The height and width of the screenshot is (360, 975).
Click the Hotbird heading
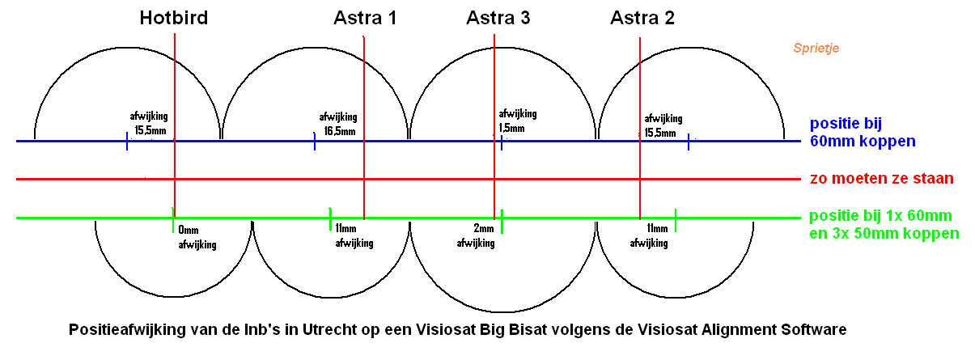tap(174, 18)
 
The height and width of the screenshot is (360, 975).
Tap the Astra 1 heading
tap(365, 18)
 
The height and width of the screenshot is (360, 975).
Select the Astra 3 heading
tap(498, 18)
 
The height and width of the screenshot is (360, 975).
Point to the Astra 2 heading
tap(642, 18)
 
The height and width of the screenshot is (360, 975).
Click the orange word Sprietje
tap(816, 48)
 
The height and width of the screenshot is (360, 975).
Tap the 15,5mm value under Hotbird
tap(150, 130)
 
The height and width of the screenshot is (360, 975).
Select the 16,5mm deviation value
tap(340, 131)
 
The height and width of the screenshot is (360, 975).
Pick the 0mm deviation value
tap(188, 230)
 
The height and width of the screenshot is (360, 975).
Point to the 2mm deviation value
tap(484, 228)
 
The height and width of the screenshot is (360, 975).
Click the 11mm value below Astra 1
tap(345, 228)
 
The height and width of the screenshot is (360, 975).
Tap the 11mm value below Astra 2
tap(657, 228)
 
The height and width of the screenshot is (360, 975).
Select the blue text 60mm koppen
tap(863, 142)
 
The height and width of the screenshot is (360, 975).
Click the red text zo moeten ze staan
tap(882, 179)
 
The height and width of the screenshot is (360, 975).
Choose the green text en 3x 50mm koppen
tap(884, 234)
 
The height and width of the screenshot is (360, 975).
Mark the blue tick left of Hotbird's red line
tap(127, 142)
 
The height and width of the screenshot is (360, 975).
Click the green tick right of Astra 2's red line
tap(676, 220)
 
